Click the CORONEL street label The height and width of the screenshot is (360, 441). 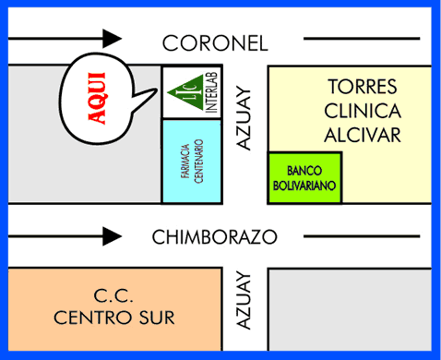(x=215, y=43)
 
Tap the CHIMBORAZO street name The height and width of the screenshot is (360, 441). (x=215, y=237)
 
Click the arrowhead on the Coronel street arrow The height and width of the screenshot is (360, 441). (x=112, y=39)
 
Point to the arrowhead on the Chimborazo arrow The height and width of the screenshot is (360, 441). (x=112, y=236)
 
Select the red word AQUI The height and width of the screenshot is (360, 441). (x=97, y=98)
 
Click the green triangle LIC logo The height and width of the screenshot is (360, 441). (x=185, y=92)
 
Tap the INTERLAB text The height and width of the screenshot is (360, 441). (x=211, y=92)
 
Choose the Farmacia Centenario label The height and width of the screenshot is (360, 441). (x=192, y=162)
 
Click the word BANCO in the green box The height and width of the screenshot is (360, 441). (x=304, y=171)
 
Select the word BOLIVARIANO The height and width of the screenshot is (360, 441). (x=304, y=186)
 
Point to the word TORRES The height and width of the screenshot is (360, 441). (x=363, y=87)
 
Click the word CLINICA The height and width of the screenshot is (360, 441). (x=363, y=111)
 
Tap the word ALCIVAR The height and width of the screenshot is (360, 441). (x=363, y=135)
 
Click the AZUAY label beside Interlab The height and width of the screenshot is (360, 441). (x=244, y=118)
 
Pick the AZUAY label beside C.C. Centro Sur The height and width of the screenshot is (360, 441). (x=244, y=300)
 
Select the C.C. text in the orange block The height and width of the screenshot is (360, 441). (x=113, y=295)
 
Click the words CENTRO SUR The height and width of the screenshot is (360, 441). (x=114, y=318)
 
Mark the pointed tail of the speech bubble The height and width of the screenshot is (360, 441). (x=157, y=90)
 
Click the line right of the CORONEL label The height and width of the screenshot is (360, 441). (x=362, y=39)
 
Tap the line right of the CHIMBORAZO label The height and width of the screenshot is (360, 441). (x=362, y=236)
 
